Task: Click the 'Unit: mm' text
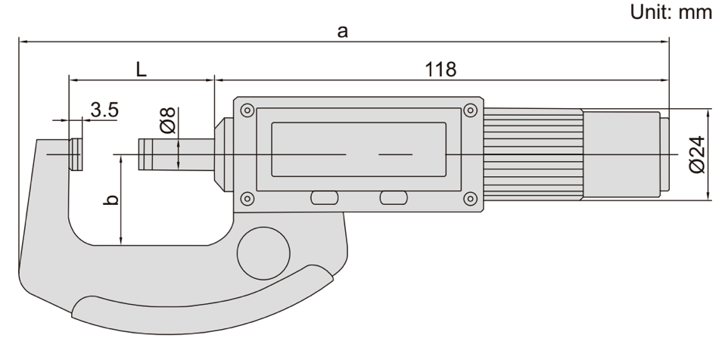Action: [x=670, y=11]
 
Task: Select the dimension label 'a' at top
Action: [x=342, y=31]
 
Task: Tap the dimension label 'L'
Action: [x=142, y=70]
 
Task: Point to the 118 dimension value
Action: [x=440, y=70]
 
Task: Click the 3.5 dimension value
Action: [x=104, y=110]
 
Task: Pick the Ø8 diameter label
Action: [x=168, y=120]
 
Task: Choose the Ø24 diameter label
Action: [x=698, y=154]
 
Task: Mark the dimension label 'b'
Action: [x=111, y=200]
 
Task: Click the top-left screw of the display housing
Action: [x=247, y=110]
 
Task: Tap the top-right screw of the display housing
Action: [x=470, y=110]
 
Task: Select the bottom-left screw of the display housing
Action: [x=247, y=199]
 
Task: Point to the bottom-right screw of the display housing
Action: [x=470, y=199]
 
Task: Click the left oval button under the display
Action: [x=325, y=198]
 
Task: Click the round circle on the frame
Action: [x=263, y=253]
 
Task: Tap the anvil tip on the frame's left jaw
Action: [x=76, y=154]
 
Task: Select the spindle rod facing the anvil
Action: [x=176, y=154]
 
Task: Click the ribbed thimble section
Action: [x=533, y=154]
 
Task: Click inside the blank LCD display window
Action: [x=359, y=150]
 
